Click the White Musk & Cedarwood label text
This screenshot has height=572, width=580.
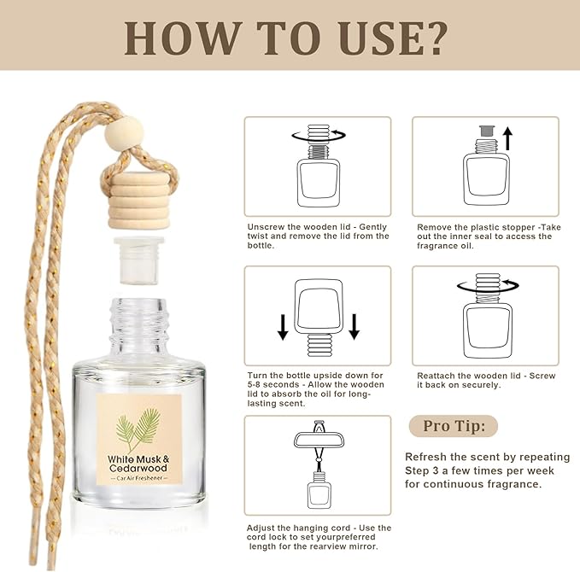pos(138,465)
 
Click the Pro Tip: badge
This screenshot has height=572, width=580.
pos(452,426)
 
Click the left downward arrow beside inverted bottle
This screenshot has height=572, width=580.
pos(282,325)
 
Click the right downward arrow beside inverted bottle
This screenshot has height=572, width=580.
pos(354,325)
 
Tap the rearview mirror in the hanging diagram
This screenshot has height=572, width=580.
pos(318,441)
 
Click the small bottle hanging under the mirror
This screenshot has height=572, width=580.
pos(318,493)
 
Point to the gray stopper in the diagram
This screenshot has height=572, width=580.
pos(486,131)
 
